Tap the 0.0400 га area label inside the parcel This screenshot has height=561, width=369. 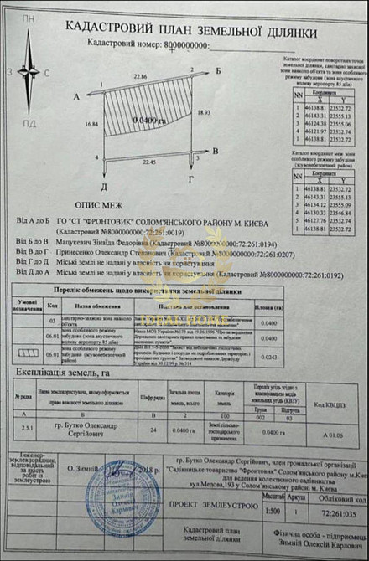click(x=148, y=122)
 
